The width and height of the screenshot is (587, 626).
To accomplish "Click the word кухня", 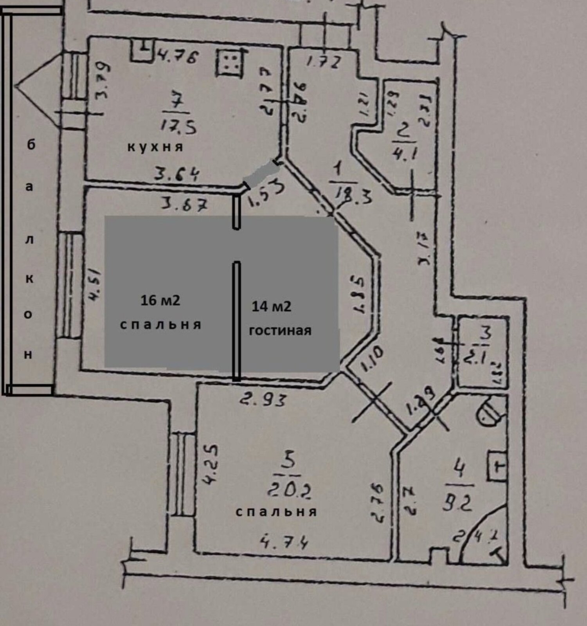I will point(155,147).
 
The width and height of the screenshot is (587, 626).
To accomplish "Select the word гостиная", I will point(280,331).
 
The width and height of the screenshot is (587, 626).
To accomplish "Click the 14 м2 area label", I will point(271,306).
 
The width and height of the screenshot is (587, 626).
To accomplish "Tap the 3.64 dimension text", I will point(176,174).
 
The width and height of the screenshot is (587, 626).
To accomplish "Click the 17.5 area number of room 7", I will point(178,126).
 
